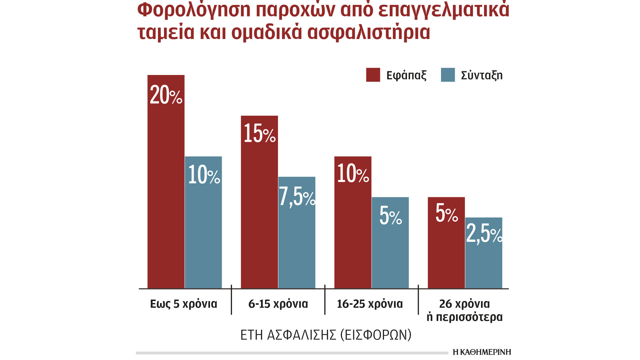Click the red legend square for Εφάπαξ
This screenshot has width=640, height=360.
pos(373,75)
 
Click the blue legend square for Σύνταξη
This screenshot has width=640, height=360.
pos(448,75)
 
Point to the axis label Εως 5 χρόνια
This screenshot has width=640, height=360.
pos(183,304)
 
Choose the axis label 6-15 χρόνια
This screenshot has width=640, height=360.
pos(278,304)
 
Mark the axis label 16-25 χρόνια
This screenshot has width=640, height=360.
pos(370,304)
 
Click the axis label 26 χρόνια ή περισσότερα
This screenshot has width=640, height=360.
pos(464,310)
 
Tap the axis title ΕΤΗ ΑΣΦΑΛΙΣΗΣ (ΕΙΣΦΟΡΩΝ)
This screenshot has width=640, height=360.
pos(326,335)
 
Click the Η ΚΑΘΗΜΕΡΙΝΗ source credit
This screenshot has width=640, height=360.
pos(482,352)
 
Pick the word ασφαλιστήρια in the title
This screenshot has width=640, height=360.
pos(368,32)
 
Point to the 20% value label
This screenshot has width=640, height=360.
pos(166,95)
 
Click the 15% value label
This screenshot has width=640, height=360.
pos(259,133)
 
